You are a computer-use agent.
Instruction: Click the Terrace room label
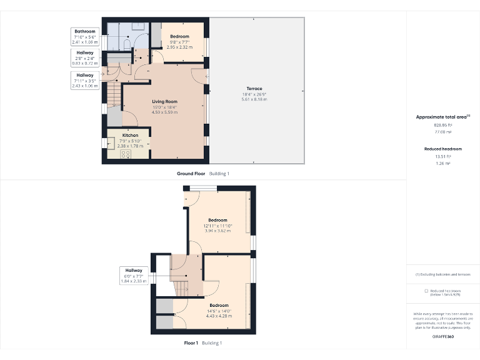[254, 89]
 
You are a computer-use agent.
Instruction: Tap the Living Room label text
[165, 101]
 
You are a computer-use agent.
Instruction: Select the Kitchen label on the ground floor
[131, 136]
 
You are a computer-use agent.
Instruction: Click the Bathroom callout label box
[85, 36]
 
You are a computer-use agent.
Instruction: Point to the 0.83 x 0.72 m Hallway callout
[85, 58]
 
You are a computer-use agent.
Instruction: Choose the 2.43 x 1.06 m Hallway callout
[85, 80]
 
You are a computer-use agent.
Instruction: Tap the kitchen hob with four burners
[125, 154]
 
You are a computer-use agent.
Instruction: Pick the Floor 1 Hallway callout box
[133, 276]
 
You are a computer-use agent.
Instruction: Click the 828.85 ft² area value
[442, 125]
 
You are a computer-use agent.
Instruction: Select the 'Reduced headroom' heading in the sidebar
[442, 149]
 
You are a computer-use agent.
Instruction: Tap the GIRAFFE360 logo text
[442, 337]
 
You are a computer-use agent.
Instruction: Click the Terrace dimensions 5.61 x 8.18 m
[254, 99]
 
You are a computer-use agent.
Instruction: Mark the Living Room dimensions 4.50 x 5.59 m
[165, 112]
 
